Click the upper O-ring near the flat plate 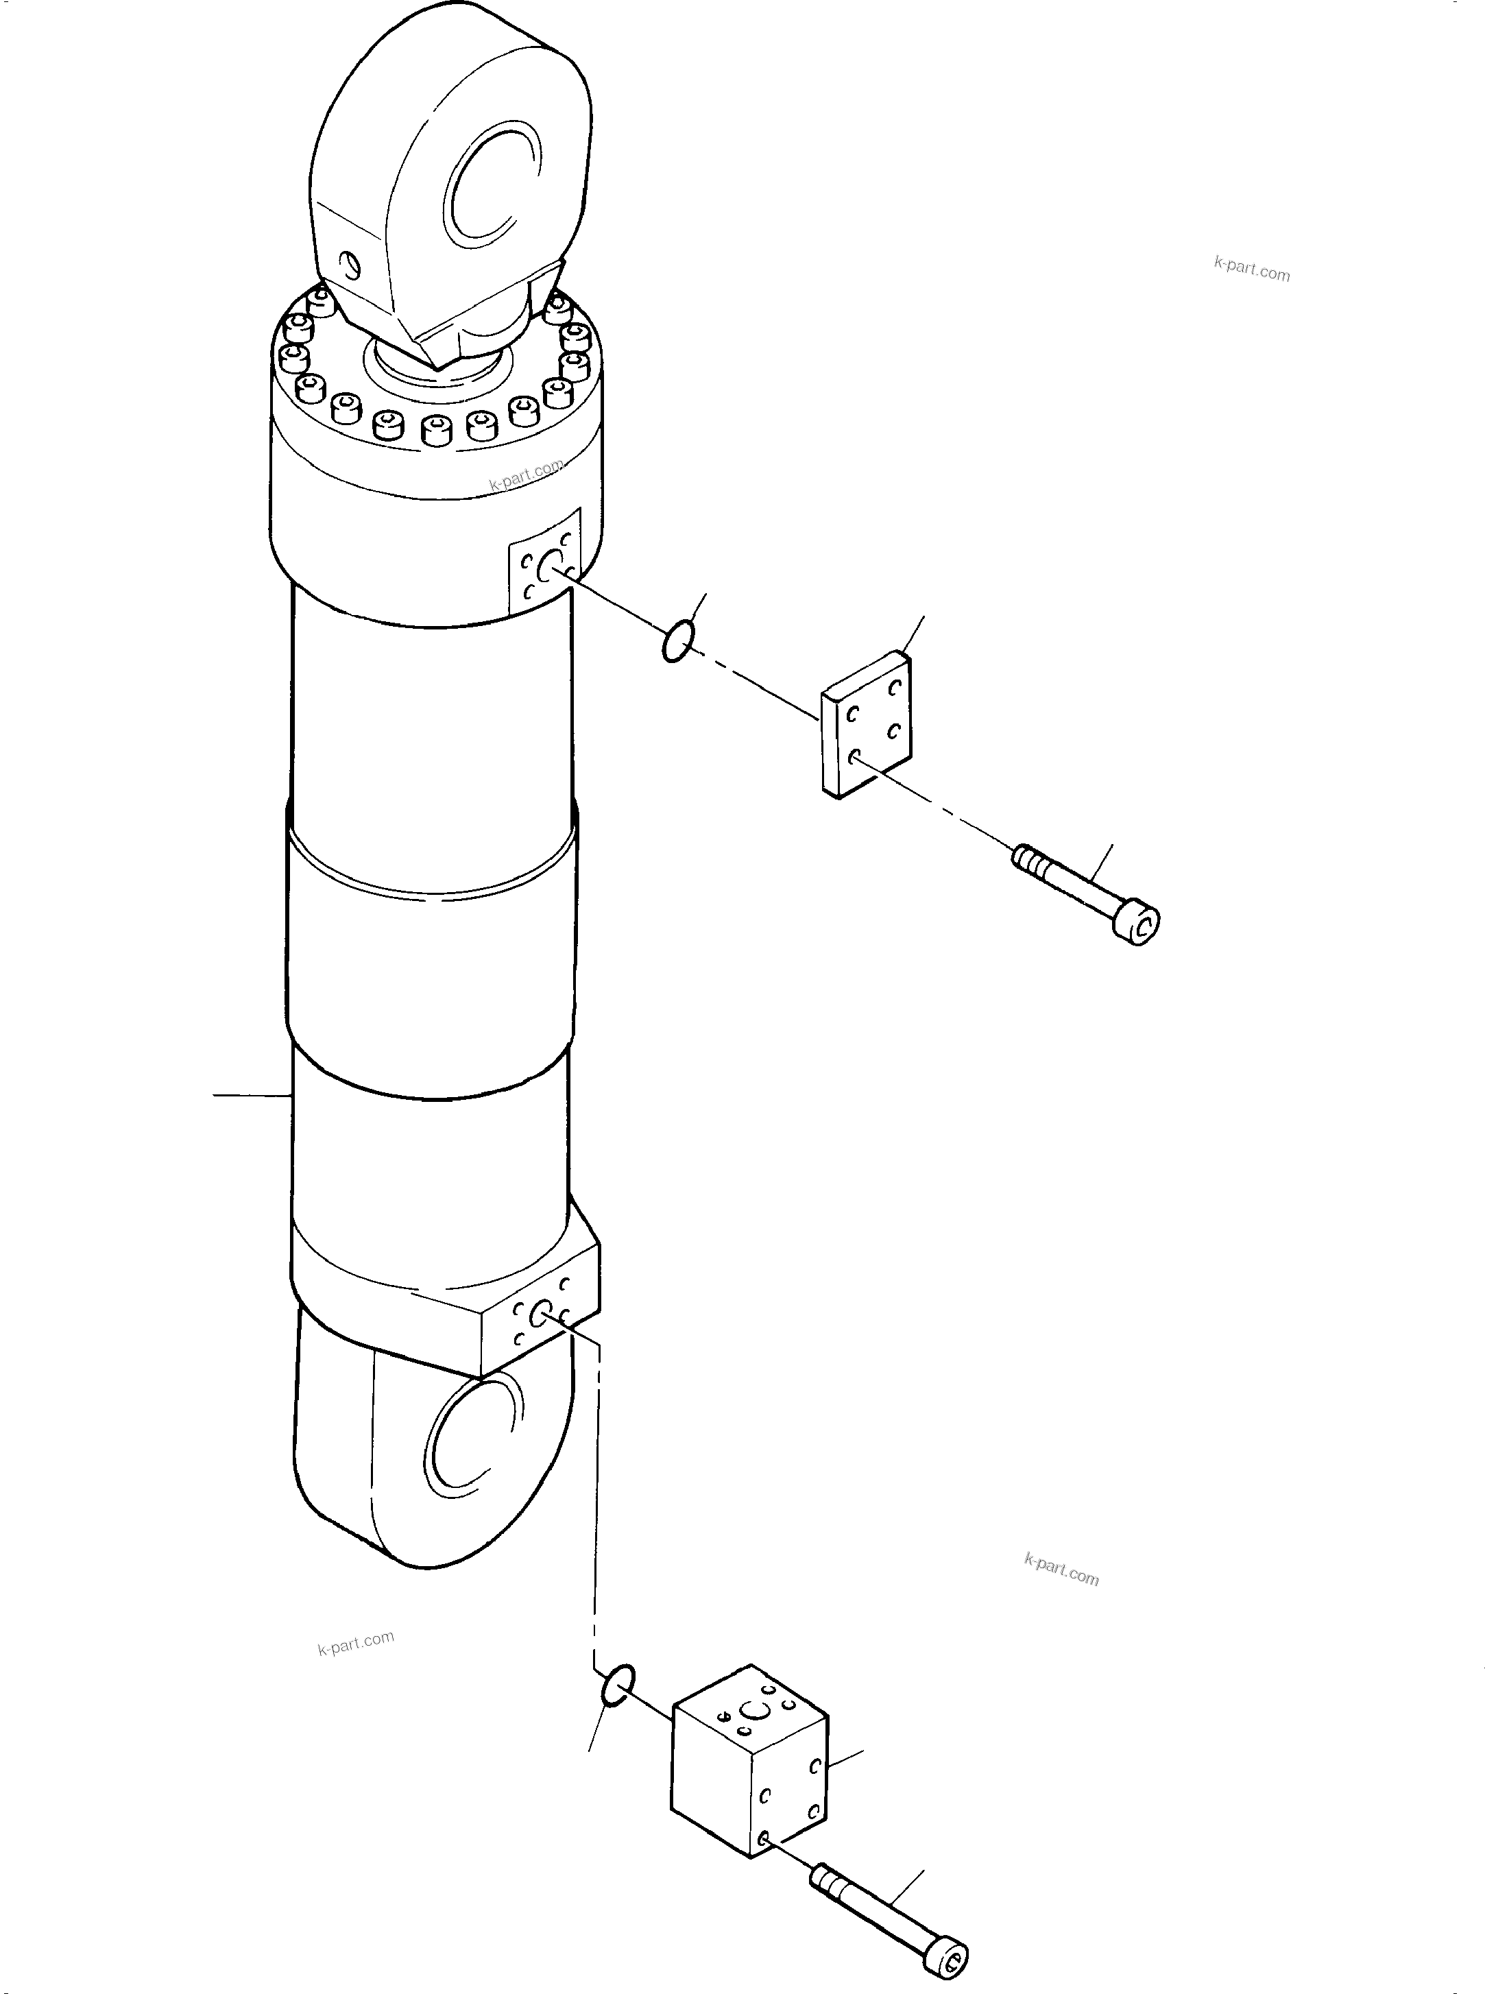click(676, 641)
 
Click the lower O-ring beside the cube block click(618, 1684)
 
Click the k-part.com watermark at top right click(1251, 268)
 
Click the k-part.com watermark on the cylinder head click(526, 474)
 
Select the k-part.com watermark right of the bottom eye click(1061, 1570)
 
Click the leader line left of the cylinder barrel click(252, 1095)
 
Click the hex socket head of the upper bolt click(1139, 926)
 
